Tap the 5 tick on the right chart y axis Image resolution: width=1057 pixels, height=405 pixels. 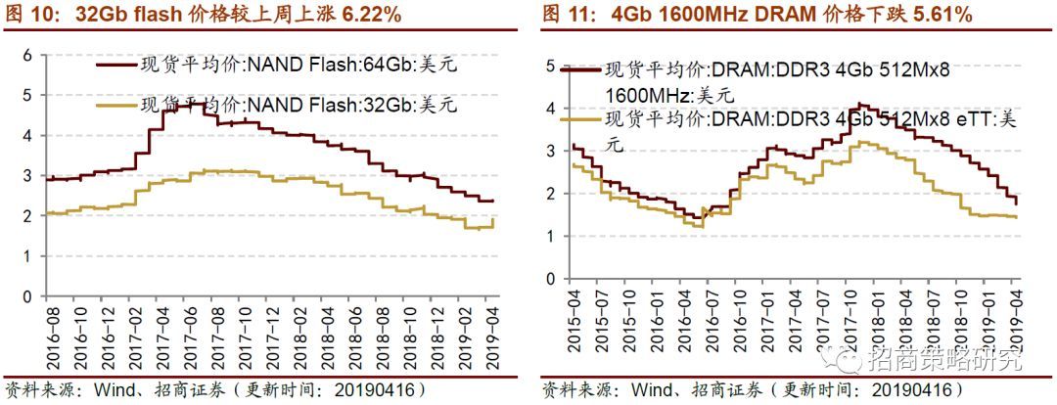coord(551,67)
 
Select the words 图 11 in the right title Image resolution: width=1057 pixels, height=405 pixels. coord(565,15)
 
